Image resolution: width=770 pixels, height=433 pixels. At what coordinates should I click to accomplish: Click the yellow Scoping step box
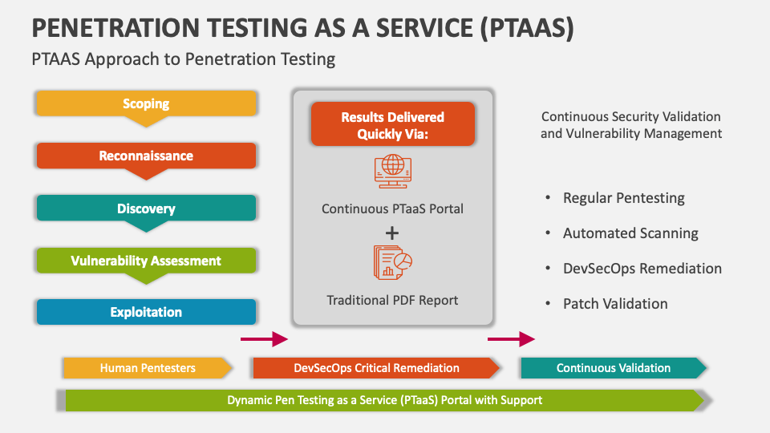pyautogui.click(x=146, y=103)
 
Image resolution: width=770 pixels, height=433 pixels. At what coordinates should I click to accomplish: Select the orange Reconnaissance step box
pyautogui.click(x=146, y=156)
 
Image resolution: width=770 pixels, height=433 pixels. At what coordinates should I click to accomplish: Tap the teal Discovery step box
pyautogui.click(x=146, y=208)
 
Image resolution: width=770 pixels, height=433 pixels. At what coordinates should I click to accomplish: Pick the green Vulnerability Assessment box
pyautogui.click(x=146, y=261)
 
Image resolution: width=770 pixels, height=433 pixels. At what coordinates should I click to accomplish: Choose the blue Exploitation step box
pyautogui.click(x=146, y=312)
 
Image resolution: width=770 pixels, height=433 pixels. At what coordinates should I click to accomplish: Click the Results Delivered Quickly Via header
pyautogui.click(x=392, y=125)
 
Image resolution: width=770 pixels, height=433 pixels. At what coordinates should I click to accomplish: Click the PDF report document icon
pyautogui.click(x=392, y=261)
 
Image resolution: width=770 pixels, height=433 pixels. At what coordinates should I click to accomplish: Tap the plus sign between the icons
pyautogui.click(x=392, y=233)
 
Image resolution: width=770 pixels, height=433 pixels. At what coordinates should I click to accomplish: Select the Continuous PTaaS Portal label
pyautogui.click(x=392, y=208)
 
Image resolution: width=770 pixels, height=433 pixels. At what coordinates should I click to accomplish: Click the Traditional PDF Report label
pyautogui.click(x=392, y=300)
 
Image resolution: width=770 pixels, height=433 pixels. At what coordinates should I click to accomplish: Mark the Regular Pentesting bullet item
pyautogui.click(x=623, y=198)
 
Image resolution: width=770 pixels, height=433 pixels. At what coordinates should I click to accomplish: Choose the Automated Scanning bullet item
pyautogui.click(x=630, y=233)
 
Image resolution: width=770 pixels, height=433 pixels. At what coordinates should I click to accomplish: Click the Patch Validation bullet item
pyautogui.click(x=615, y=304)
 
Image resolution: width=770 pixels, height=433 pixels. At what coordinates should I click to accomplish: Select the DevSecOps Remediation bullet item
pyautogui.click(x=642, y=269)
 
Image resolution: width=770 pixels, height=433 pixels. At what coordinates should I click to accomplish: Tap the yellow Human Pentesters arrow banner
pyautogui.click(x=148, y=368)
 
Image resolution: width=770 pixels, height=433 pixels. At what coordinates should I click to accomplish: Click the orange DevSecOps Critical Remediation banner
pyautogui.click(x=376, y=368)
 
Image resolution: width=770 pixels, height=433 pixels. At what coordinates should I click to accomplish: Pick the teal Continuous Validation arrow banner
pyautogui.click(x=614, y=368)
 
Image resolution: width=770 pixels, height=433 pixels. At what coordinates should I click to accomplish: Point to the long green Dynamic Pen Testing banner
pyautogui.click(x=385, y=399)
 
